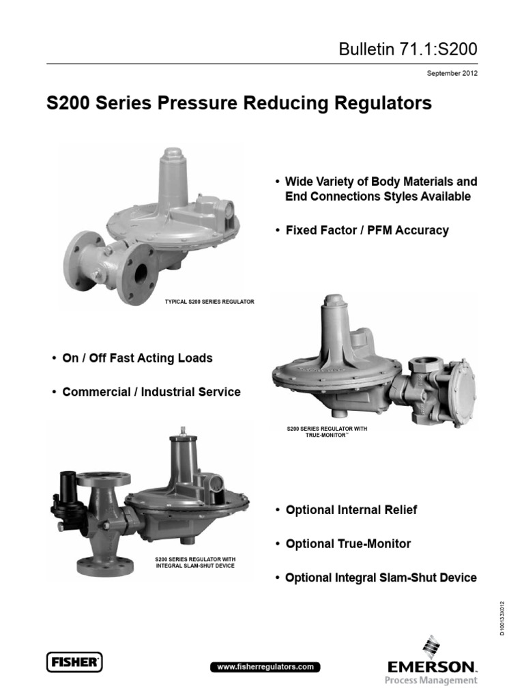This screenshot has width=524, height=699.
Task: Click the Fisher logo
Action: pyautogui.click(x=74, y=662)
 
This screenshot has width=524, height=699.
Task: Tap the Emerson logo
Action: pyautogui.click(x=431, y=661)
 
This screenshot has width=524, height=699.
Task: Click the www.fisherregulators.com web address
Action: pyautogui.click(x=265, y=667)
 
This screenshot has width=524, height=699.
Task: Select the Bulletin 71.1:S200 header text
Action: pyautogui.click(x=408, y=49)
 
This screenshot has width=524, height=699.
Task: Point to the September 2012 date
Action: pyautogui.click(x=452, y=73)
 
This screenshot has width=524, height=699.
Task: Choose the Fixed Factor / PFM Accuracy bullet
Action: pyautogui.click(x=362, y=231)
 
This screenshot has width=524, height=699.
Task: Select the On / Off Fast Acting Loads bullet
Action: pyautogui.click(x=132, y=358)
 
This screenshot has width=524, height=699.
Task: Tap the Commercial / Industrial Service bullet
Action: pyautogui.click(x=146, y=392)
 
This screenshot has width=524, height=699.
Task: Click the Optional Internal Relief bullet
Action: pyautogui.click(x=346, y=510)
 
